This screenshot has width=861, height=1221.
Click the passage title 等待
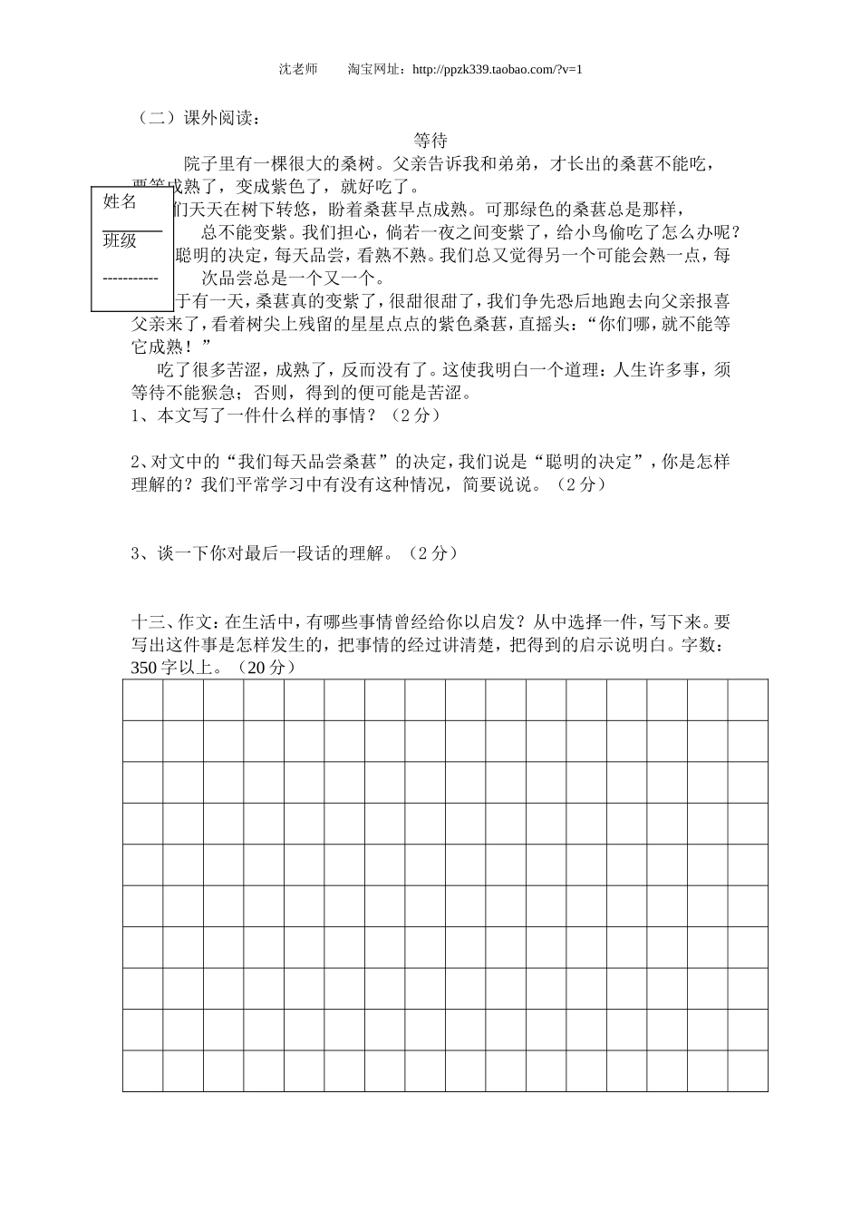[430, 141]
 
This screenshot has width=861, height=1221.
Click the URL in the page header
[496, 69]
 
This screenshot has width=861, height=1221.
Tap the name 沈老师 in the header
[298, 69]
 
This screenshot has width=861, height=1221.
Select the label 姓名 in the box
[121, 201]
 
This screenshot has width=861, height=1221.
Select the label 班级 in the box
[120, 240]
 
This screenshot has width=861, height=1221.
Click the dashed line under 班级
[131, 278]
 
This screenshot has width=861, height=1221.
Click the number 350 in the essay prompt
[144, 668]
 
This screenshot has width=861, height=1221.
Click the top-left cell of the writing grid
[143, 700]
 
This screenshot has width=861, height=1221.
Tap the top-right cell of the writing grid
[748, 700]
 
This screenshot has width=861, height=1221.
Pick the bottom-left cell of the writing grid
[143, 1070]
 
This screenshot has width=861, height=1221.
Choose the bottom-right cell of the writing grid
[748, 1070]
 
